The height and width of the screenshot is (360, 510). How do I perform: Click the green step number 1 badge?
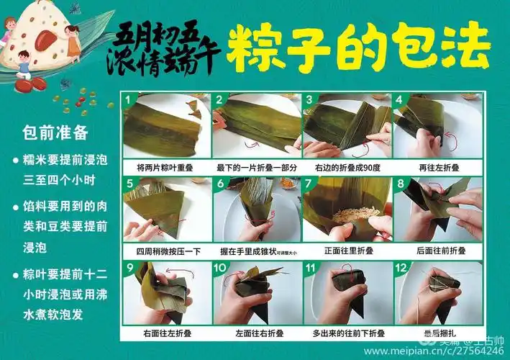[129, 99]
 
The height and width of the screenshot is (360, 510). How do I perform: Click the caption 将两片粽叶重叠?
[167, 167]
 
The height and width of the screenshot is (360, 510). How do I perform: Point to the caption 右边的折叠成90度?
[348, 167]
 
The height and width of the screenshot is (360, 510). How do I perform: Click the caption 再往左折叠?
[439, 167]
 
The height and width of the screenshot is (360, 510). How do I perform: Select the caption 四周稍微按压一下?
[167, 251]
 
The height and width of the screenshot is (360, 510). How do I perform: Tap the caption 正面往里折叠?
[348, 251]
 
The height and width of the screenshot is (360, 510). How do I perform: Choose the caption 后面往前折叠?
[439, 251]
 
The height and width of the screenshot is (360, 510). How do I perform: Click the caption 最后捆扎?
[439, 334]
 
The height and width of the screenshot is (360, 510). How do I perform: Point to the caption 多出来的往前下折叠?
[348, 334]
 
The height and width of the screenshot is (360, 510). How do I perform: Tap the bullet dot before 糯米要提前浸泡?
[16, 161]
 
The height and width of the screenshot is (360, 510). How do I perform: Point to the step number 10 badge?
[220, 267]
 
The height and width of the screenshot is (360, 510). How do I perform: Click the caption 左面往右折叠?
[258, 334]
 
